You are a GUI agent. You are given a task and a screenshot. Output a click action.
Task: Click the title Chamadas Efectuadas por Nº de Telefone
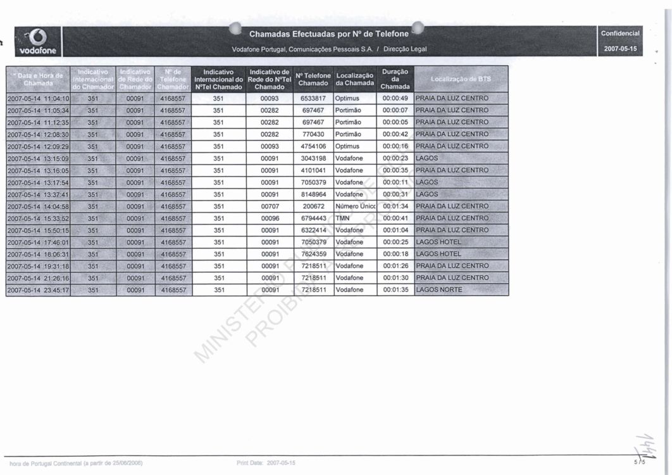[x=329, y=34]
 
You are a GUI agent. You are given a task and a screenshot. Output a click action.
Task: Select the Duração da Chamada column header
[x=395, y=79]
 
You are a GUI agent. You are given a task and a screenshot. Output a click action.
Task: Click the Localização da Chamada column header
[x=354, y=79]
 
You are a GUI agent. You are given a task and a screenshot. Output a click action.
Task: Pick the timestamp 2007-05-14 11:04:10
[x=38, y=98]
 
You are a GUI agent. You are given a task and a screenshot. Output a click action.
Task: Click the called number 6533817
[x=313, y=98]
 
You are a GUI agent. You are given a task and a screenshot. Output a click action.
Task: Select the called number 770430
[x=313, y=134]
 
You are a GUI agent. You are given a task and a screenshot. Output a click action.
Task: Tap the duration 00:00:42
[x=395, y=134]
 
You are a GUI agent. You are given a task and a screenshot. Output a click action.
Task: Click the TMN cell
[x=343, y=218]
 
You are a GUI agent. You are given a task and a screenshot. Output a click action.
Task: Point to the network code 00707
[x=270, y=206]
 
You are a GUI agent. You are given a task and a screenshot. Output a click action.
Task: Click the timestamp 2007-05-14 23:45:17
[x=38, y=290]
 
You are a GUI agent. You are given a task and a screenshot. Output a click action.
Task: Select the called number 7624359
[x=313, y=254]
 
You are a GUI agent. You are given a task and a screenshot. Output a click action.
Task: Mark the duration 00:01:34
[x=395, y=206]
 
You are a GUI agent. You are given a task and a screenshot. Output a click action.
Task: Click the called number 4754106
[x=313, y=146]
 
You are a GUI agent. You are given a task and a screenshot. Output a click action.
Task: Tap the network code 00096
[x=270, y=218]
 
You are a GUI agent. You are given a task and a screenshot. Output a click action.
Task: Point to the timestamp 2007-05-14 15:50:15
[x=38, y=230]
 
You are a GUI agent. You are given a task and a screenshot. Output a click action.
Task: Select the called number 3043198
[x=313, y=158]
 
